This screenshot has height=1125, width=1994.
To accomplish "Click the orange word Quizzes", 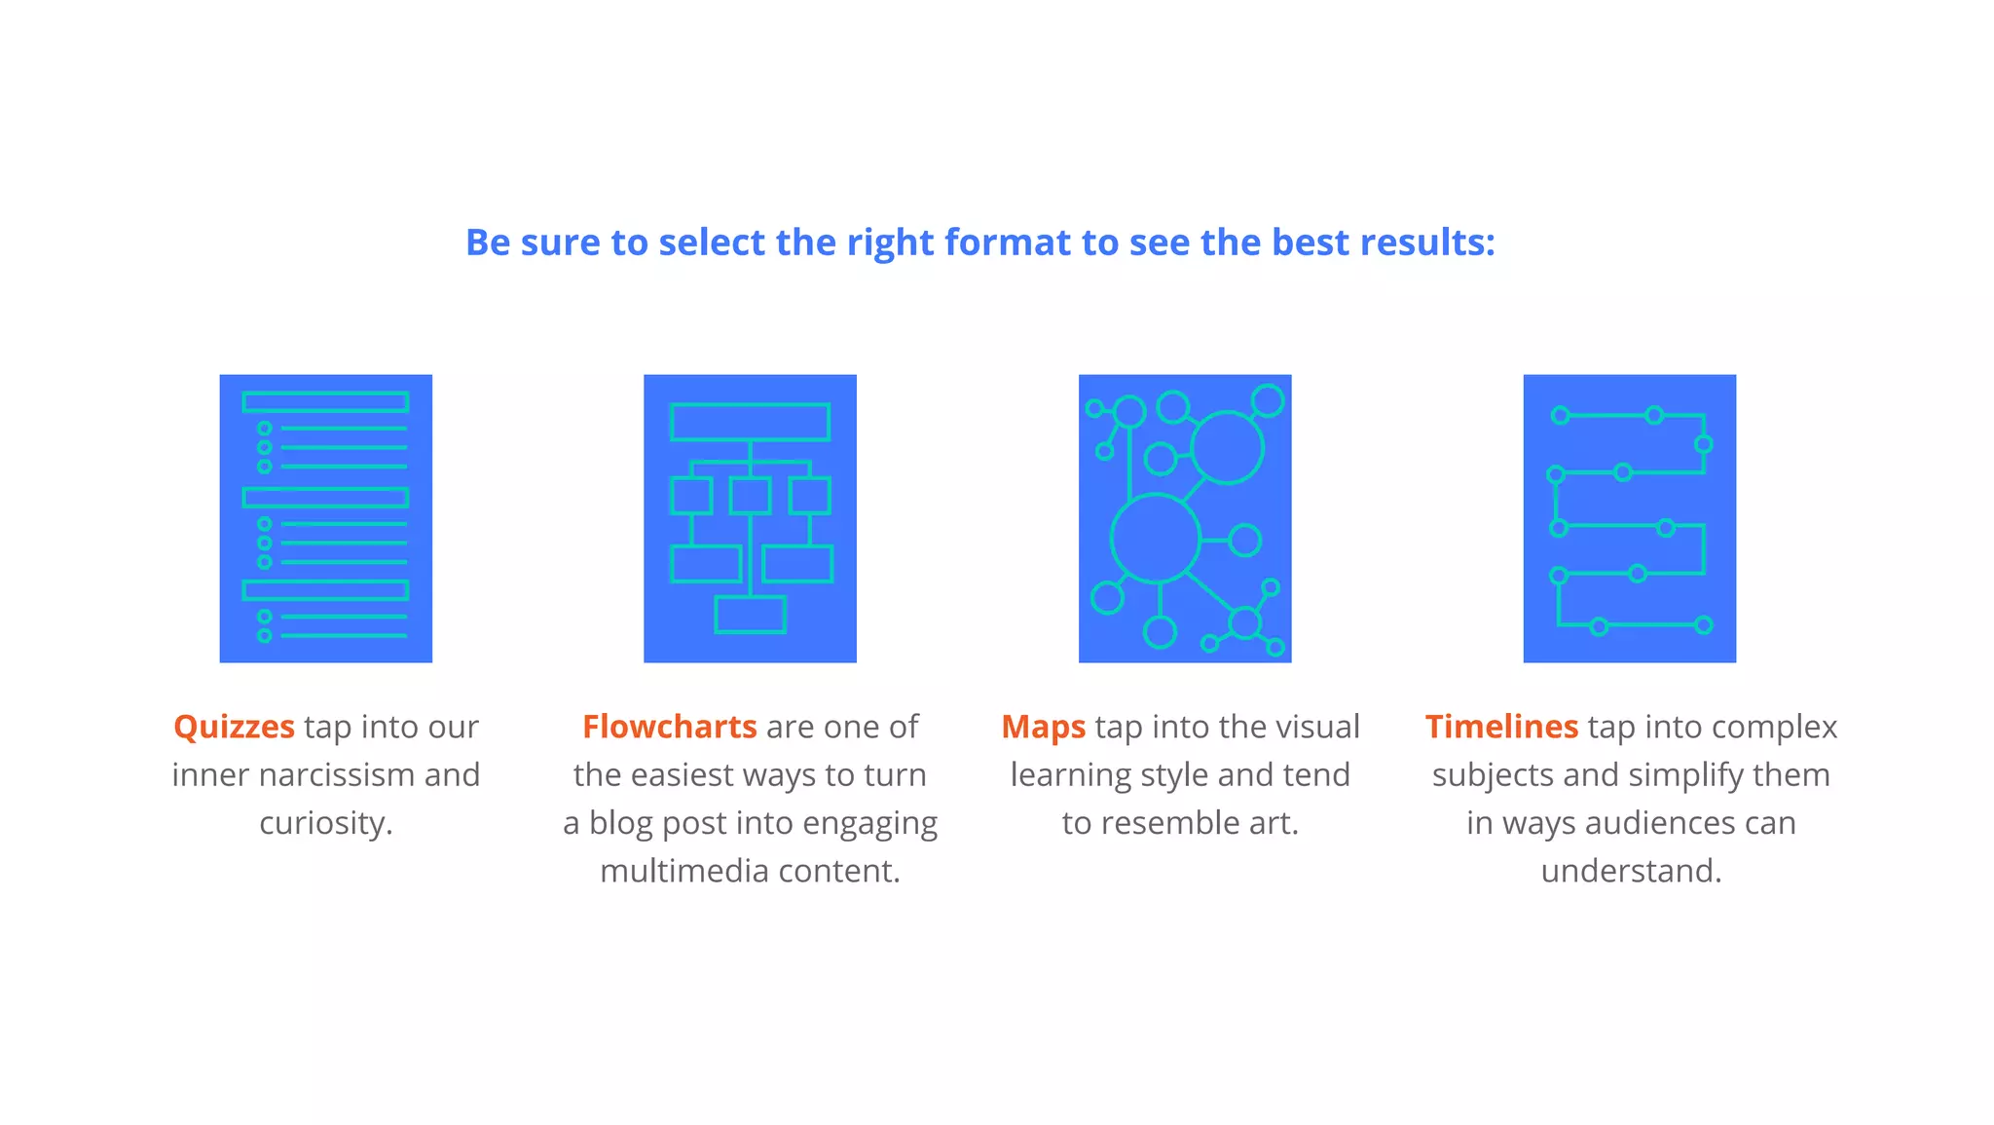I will (x=234, y=728).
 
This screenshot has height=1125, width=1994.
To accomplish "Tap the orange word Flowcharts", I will (x=669, y=728).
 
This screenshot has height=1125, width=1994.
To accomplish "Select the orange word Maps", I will (x=1043, y=728).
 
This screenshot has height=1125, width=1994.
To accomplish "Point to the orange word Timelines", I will (x=1501, y=728).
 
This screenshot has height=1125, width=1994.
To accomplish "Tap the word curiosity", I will (x=325, y=823).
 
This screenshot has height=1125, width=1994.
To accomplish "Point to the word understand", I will (x=1631, y=871).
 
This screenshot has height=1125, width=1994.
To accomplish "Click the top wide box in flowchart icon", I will (x=750, y=422).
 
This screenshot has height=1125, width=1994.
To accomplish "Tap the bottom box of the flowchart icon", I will (x=750, y=615).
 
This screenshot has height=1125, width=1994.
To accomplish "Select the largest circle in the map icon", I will (x=1156, y=539).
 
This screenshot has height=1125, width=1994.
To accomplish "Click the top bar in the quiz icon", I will (x=325, y=401).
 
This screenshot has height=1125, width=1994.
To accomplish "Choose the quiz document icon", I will (x=325, y=518).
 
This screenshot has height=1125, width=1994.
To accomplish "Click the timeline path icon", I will (x=1629, y=518).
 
